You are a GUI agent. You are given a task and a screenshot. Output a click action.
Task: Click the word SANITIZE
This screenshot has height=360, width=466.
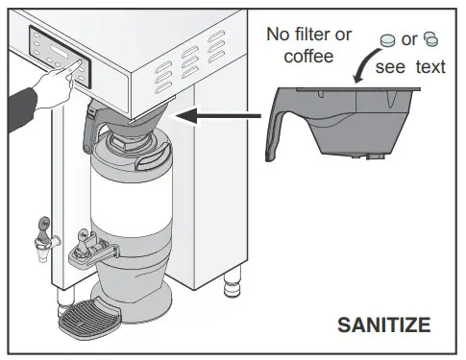[x=383, y=325]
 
